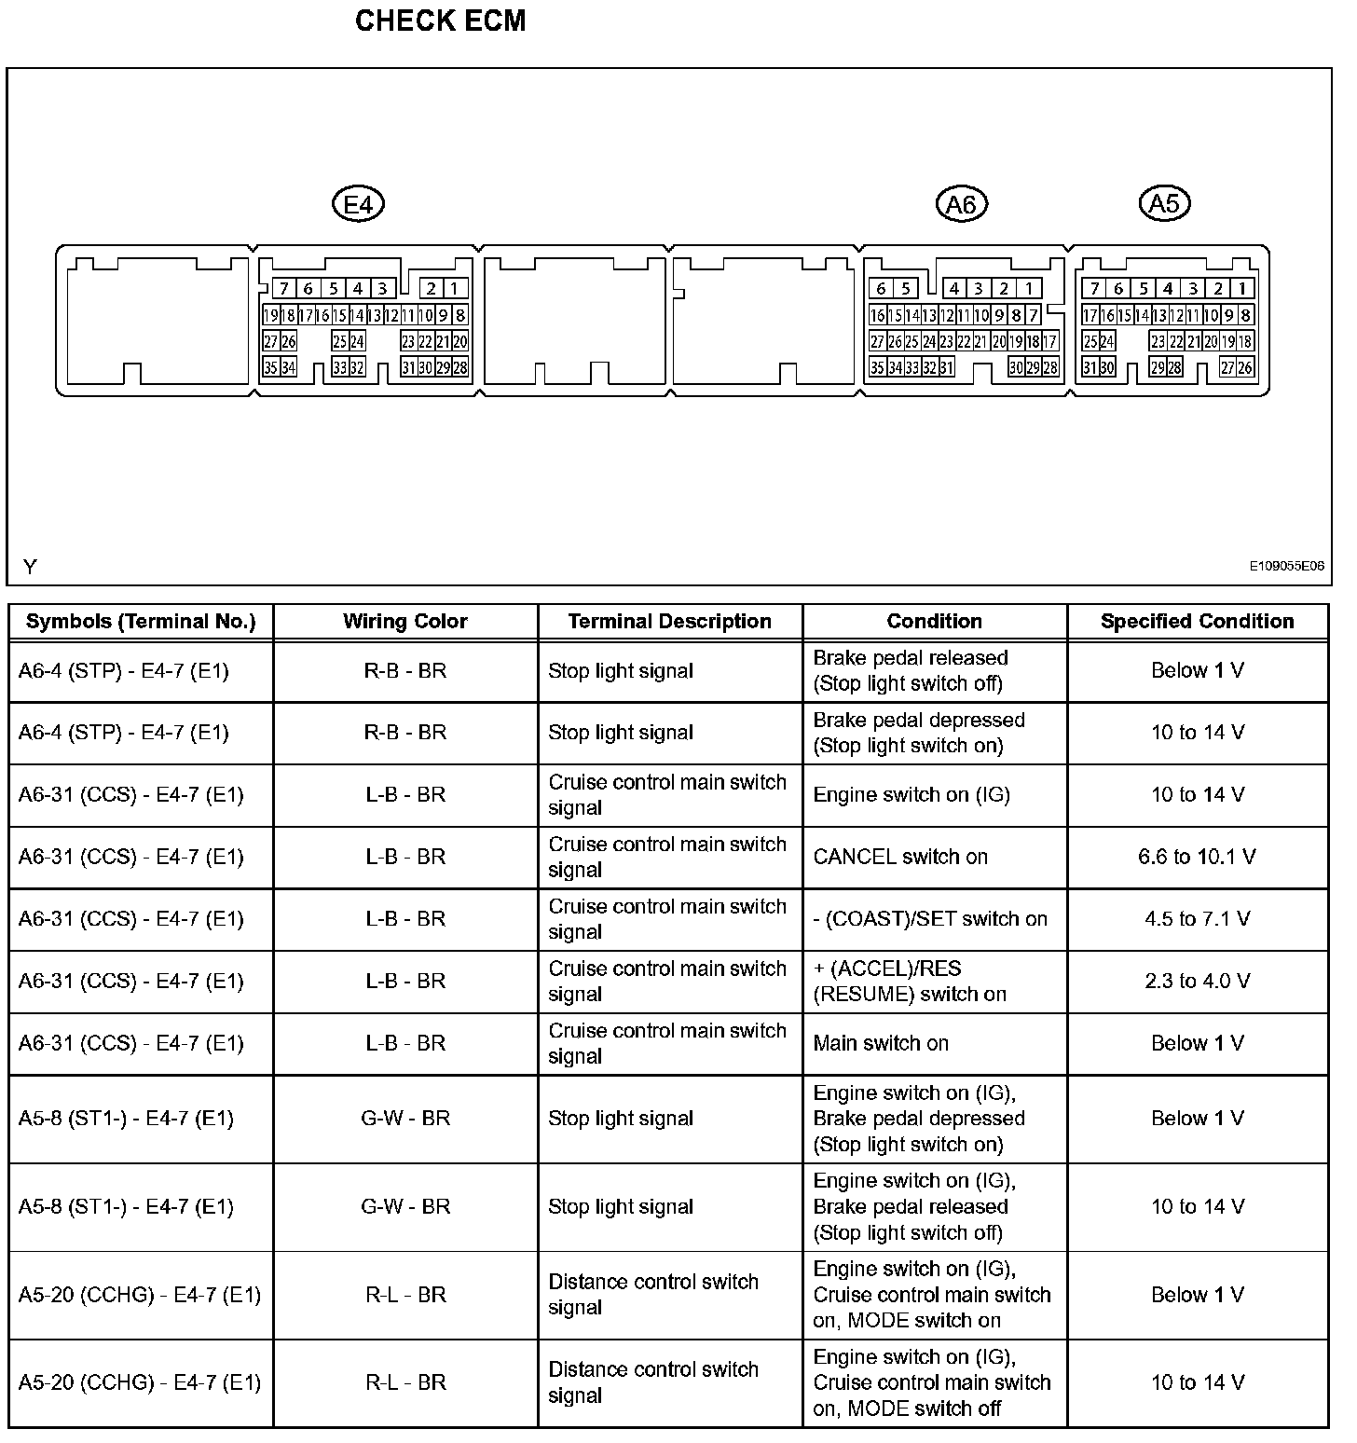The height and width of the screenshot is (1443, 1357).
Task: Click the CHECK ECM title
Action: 440,21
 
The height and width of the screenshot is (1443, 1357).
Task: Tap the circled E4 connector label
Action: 359,203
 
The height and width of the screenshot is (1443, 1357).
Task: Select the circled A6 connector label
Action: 961,203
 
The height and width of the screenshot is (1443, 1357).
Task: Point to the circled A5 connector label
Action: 1165,202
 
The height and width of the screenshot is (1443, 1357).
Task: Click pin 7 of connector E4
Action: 283,289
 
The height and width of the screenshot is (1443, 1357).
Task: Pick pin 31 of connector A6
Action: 946,367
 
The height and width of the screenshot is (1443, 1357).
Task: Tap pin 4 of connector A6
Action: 954,289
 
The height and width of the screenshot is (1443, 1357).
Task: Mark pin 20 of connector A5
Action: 1211,341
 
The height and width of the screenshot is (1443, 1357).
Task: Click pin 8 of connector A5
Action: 1245,315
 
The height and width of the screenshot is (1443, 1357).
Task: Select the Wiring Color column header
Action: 405,622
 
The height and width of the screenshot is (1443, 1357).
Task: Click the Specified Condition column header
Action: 1197,622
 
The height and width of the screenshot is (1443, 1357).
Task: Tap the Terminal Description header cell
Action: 669,622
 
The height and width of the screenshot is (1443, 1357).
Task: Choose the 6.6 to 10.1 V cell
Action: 1197,857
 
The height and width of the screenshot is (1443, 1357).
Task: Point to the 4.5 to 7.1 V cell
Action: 1197,919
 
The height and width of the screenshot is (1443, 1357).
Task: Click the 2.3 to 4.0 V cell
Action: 1197,981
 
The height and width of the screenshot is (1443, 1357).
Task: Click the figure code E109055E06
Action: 1287,566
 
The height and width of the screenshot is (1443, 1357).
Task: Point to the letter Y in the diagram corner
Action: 30,567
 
